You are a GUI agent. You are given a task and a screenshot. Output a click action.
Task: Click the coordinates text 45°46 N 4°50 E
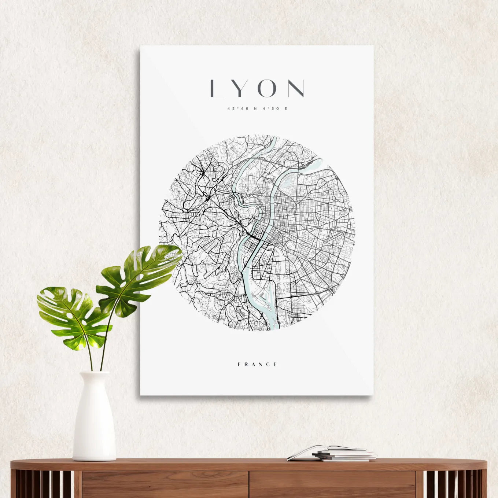257,108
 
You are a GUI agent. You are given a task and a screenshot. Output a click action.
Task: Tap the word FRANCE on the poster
257,364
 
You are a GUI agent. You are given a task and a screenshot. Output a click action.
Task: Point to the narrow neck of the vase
94,377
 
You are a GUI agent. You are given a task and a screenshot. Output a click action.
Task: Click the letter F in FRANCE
239,364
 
